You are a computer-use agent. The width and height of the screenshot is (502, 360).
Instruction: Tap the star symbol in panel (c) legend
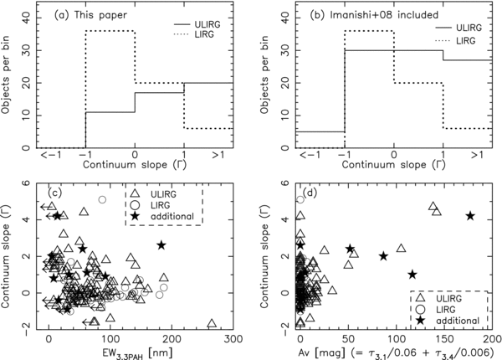coord(139,217)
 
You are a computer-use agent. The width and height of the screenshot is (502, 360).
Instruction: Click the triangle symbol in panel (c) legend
coord(139,190)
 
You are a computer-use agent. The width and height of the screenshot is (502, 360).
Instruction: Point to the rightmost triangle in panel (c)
coord(213,322)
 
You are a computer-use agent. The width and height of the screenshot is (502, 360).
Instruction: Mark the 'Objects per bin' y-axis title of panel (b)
coord(259,77)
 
